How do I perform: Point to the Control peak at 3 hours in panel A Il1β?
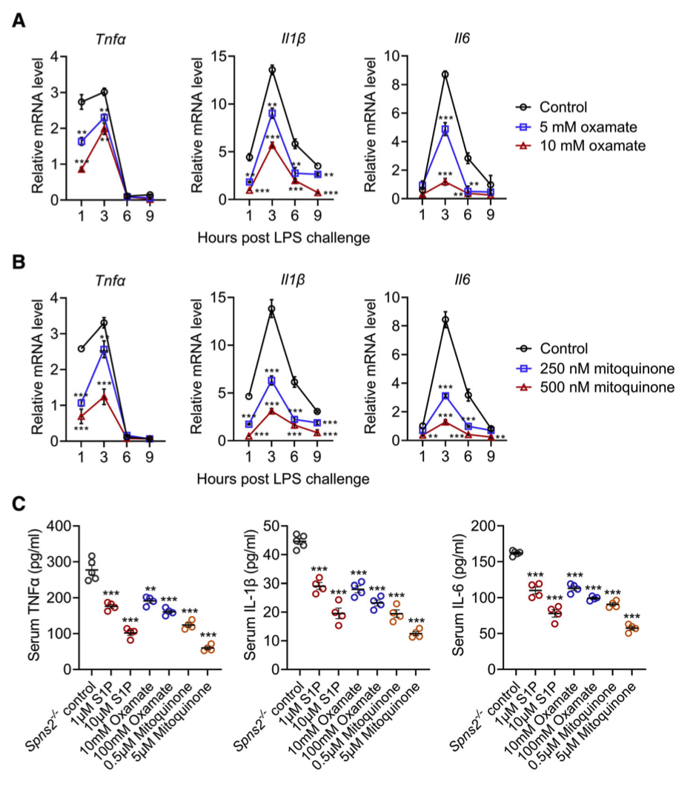(272, 70)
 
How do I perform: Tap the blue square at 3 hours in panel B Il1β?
(272, 381)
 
